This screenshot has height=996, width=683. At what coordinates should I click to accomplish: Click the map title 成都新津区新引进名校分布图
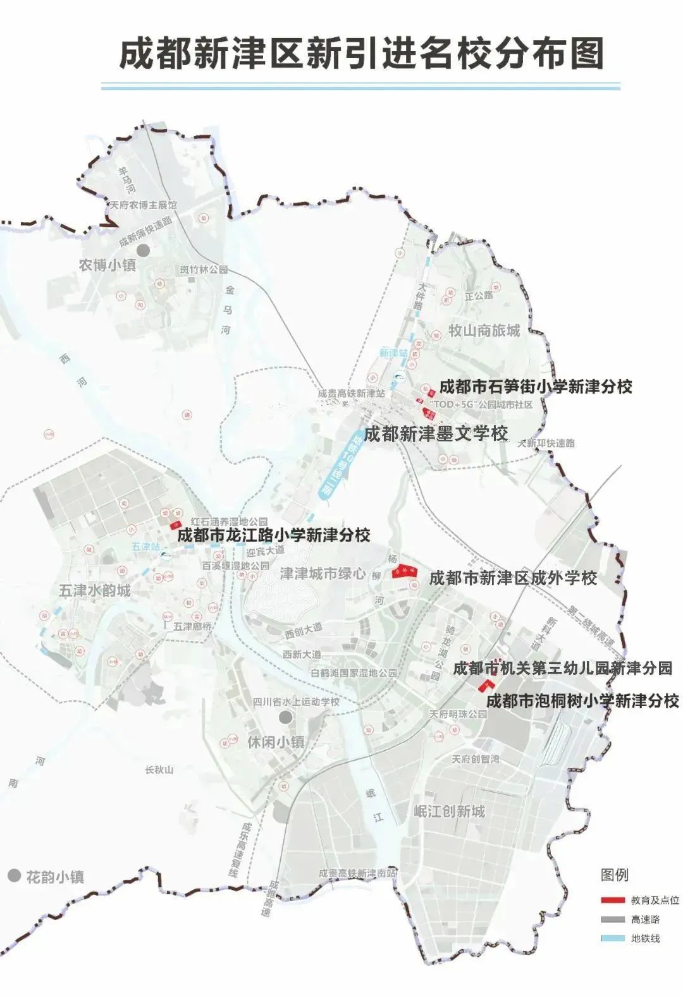(x=361, y=52)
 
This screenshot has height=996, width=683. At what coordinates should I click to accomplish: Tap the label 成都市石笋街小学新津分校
(x=535, y=386)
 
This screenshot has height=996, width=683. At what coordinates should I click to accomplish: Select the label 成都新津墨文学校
(x=436, y=434)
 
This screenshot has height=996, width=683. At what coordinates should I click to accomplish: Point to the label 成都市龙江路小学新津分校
(x=273, y=535)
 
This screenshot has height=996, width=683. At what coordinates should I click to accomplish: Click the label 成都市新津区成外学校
(x=513, y=578)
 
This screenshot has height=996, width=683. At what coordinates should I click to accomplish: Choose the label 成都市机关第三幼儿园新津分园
(x=562, y=668)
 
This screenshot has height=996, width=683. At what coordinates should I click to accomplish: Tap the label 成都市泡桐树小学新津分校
(x=582, y=700)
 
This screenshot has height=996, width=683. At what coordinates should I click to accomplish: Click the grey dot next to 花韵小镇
(x=14, y=876)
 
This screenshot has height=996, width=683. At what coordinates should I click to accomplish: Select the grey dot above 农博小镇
(x=144, y=250)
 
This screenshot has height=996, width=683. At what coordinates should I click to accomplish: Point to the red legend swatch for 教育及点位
(x=612, y=900)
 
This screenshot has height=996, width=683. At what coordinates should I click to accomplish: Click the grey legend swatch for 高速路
(x=612, y=919)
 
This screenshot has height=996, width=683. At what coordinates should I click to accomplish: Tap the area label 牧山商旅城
(x=484, y=330)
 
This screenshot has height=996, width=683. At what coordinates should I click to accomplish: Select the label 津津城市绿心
(x=323, y=574)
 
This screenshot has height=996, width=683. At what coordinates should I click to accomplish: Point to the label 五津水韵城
(x=95, y=590)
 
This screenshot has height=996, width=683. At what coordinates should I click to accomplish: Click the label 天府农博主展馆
(x=144, y=205)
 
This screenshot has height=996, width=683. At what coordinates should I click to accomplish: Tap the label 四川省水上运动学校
(x=296, y=701)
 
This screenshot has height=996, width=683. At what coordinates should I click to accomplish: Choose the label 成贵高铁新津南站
(x=357, y=873)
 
